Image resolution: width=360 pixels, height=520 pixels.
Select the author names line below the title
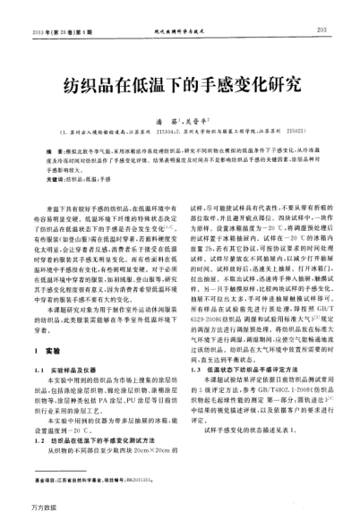[x=181, y=116]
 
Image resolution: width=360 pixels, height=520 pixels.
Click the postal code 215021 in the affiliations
[x=313, y=128]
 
